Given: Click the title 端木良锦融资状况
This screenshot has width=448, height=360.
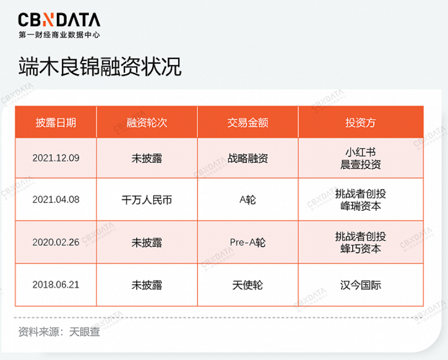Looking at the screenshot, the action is pos(100,67).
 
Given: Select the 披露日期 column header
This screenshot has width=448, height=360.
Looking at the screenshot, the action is pos(55,123).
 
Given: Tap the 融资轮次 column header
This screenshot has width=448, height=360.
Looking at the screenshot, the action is pos(147,123).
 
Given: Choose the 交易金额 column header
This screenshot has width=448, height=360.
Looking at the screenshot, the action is pos(248,123).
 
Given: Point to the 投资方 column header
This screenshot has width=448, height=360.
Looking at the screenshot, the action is pos(360,123).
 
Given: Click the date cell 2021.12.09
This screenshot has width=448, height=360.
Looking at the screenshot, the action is pos(55,158).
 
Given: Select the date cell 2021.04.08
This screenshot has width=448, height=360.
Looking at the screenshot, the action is pos(55,200).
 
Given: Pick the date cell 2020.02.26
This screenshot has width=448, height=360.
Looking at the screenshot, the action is pos(55,242).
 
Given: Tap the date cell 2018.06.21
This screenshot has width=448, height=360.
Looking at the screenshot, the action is pos(55,285).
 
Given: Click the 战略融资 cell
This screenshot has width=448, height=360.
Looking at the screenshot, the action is pos(248,158).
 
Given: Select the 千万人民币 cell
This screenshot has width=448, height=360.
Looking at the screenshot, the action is pos(147,200).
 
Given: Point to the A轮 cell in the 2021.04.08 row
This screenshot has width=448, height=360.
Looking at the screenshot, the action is pos(248,200).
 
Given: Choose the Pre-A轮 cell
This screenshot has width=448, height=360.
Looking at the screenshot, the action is pos(248,242).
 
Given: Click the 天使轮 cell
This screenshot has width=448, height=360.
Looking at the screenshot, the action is pos(248,285).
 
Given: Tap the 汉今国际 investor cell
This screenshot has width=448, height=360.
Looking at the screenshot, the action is pos(360,285).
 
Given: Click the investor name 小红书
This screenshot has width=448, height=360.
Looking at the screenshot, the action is pos(360,152).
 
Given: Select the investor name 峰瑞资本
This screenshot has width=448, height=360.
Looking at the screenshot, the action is pos(360,206).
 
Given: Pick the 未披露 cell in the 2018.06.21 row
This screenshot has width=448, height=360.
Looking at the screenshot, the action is pos(147,285).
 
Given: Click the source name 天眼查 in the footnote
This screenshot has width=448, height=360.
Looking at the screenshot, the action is pos(85,332).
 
